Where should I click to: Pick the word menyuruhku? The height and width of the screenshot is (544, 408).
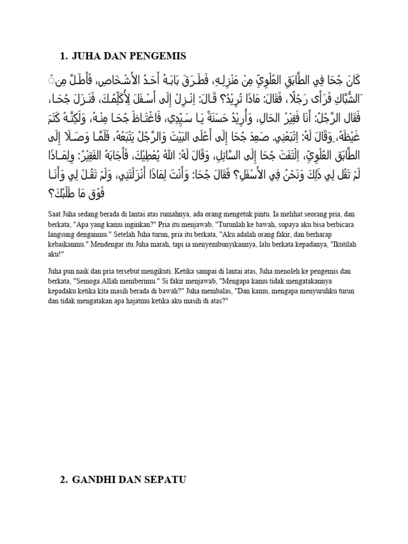click(x=311, y=291)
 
